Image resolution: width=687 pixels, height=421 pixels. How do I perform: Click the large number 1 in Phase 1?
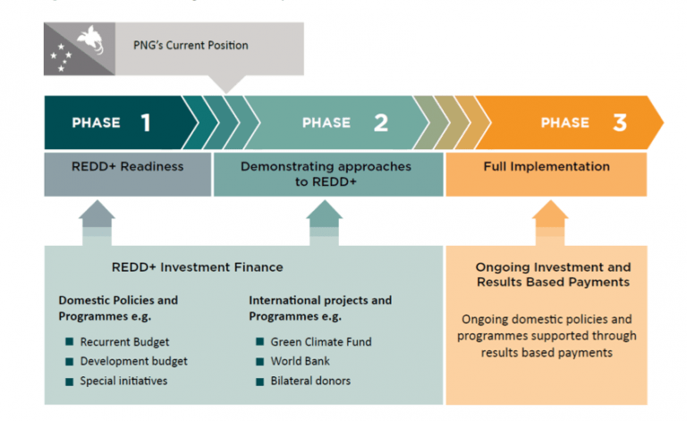coord(145,122)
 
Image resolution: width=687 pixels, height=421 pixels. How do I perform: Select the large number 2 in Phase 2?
coord(381,122)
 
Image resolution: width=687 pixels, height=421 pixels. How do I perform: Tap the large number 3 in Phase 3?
coord(619,122)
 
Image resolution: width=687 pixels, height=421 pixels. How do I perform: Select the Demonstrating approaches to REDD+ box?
coord(326,173)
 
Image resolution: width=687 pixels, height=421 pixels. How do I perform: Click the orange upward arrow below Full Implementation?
coord(550,220)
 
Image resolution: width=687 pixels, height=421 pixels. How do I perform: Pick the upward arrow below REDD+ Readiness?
coord(97,220)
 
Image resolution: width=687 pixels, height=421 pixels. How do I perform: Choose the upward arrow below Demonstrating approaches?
coord(324,220)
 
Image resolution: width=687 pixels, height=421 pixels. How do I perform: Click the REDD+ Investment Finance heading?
coord(197,267)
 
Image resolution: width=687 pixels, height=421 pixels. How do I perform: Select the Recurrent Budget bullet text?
coord(124,341)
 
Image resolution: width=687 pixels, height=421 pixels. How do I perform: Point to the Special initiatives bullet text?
coord(123,381)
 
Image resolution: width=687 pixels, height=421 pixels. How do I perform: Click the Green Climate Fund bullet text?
coord(320,341)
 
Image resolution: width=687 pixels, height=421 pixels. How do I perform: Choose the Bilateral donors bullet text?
coord(310,381)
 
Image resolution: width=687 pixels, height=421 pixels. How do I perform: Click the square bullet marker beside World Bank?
coord(259,361)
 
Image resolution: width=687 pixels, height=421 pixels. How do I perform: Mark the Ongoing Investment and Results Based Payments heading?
coord(553,274)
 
